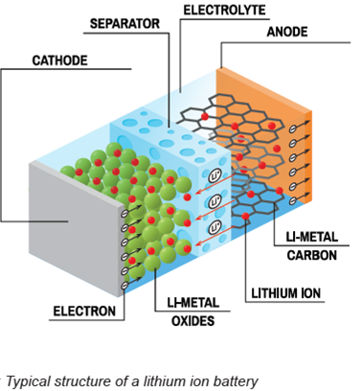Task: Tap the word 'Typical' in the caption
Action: coord(26,380)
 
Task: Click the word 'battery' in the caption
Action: coord(236,380)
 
